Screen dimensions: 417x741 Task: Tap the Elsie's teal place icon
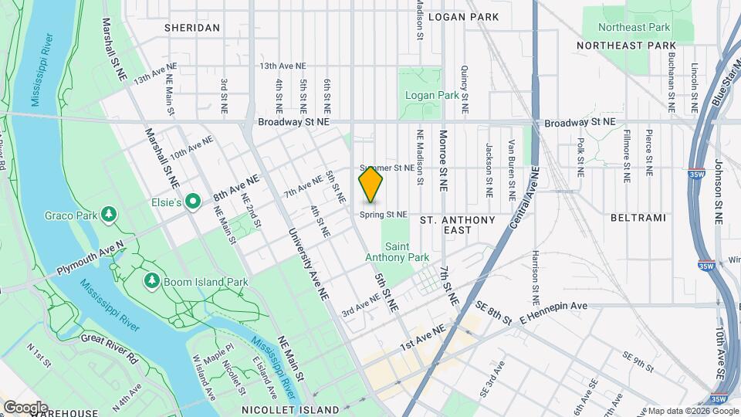coord(193,202)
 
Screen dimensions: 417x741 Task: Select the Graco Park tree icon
coord(110,213)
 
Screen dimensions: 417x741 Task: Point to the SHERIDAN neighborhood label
coord(192,28)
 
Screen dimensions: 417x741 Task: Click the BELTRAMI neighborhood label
coord(638,219)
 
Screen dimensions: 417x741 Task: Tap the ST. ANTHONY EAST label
coord(458,225)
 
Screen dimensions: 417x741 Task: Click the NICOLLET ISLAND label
coord(290,409)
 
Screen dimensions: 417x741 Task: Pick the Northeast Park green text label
coord(638,27)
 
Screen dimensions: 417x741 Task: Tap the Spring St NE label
coord(384,214)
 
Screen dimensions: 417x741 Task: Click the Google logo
coord(25,407)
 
